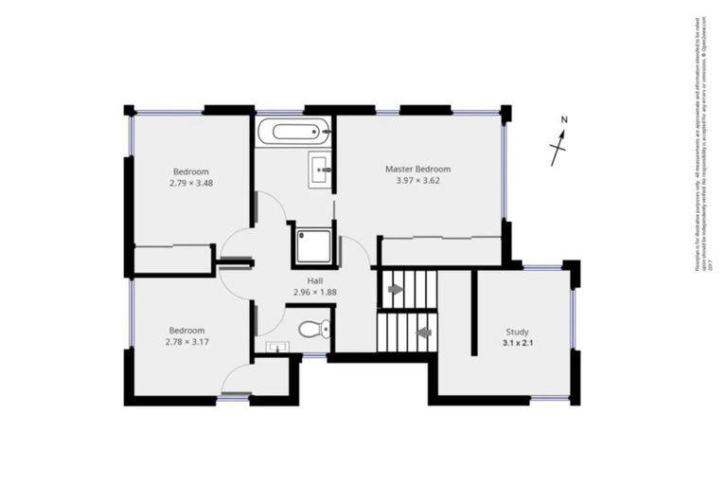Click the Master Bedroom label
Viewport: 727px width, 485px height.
[417, 169]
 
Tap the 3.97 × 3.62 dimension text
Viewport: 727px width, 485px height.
[417, 181]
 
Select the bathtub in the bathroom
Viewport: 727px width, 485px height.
[294, 130]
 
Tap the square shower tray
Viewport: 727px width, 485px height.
[312, 243]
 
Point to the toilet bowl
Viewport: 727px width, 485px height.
[311, 331]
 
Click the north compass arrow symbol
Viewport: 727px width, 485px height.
[559, 148]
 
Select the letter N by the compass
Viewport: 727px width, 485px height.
[563, 120]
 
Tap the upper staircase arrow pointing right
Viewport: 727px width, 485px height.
[396, 288]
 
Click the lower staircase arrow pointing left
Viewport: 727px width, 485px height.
[423, 332]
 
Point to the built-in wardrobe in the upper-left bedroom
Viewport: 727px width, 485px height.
[172, 260]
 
